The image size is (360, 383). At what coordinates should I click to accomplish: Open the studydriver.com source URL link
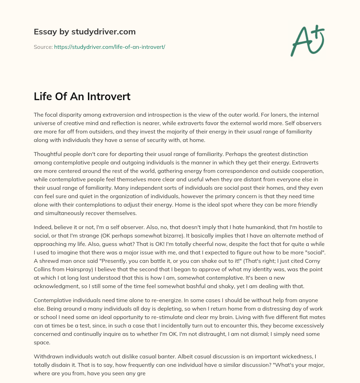pyautogui.click(x=110, y=47)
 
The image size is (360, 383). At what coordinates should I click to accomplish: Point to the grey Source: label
pyautogui.click(x=43, y=47)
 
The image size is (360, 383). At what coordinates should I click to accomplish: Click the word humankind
pyautogui.click(x=205, y=228)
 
